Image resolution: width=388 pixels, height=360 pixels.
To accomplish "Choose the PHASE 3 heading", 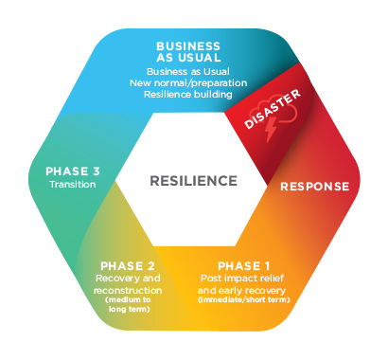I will click(74, 171).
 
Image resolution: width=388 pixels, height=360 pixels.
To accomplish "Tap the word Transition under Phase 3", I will click(74, 185).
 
